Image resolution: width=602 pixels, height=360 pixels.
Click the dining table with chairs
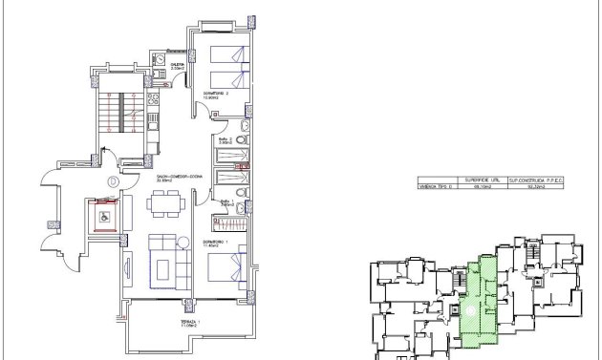pos(163,202)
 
